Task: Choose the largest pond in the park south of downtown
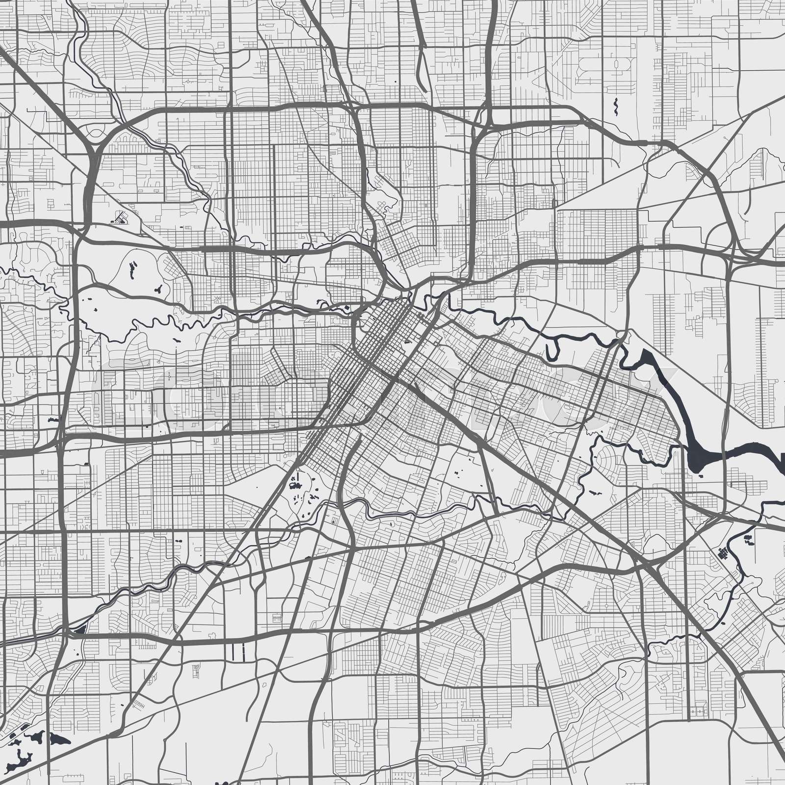coord(295,485)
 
